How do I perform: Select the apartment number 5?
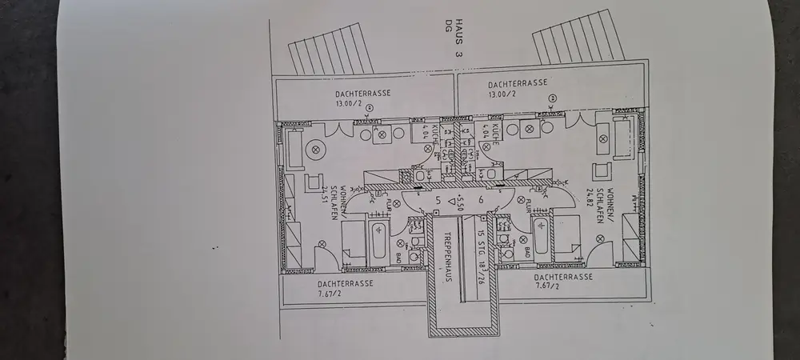(438, 200)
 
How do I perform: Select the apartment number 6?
(481, 200)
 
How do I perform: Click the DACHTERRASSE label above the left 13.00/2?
(363, 93)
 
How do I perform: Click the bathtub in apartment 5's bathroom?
(378, 240)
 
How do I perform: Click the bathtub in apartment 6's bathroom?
(541, 238)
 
